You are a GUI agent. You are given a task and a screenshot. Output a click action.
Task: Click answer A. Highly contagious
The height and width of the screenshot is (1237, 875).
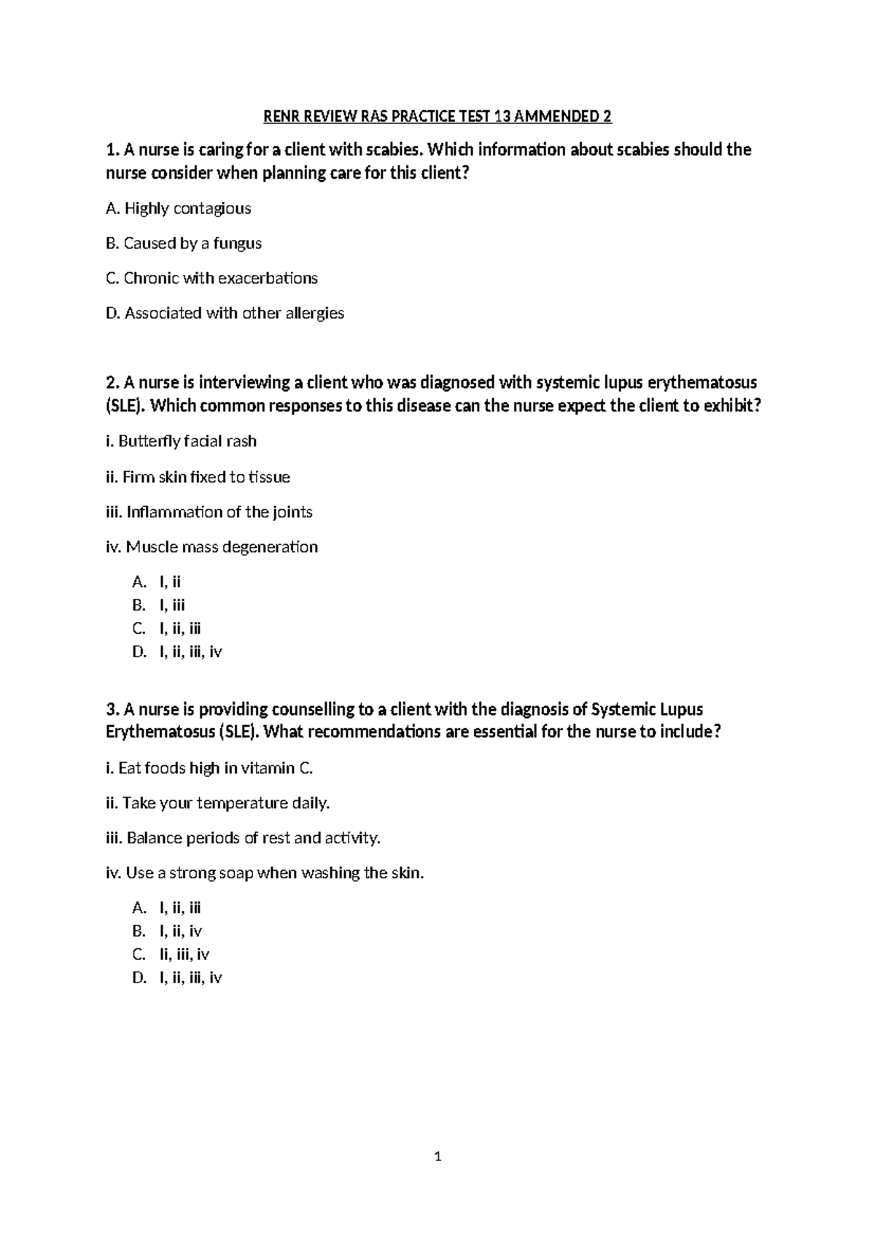[x=179, y=209]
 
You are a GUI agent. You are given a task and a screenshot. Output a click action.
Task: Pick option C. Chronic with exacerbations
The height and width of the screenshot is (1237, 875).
[x=212, y=279]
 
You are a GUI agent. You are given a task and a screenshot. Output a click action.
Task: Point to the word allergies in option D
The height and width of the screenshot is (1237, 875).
[x=314, y=314]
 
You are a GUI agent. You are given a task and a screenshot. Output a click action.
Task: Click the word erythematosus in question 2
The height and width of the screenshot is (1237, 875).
[x=701, y=383]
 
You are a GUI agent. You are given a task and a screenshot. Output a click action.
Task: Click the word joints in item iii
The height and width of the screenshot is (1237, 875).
[x=292, y=512]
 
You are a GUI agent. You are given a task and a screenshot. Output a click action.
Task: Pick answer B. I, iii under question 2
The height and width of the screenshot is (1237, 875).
[x=159, y=605]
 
